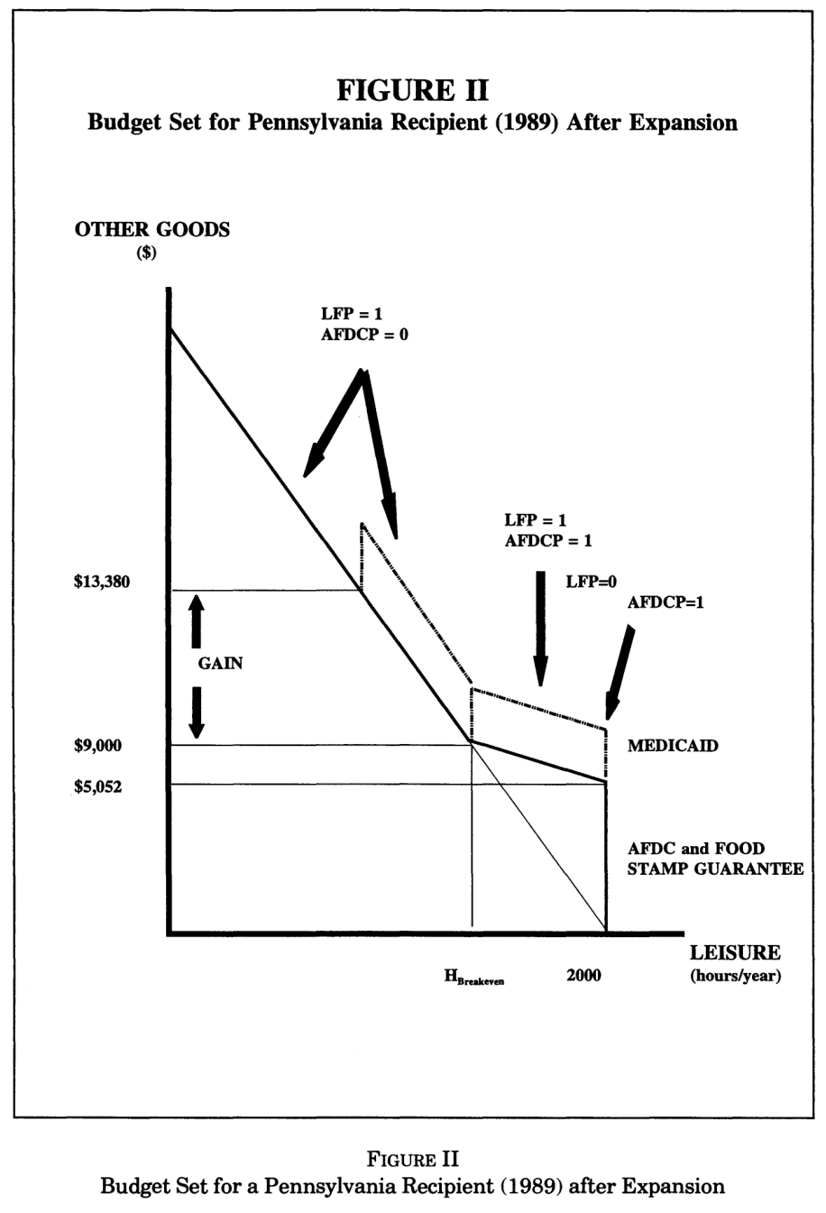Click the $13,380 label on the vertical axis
[x=102, y=582]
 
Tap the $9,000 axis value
[x=98, y=746]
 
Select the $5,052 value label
[x=98, y=786]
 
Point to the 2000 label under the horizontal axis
[x=583, y=975]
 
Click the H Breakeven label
[x=474, y=977]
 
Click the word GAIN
[x=220, y=664]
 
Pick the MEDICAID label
[x=673, y=746]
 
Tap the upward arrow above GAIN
[x=197, y=621]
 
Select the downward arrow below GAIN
[x=197, y=712]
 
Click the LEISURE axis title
[x=735, y=952]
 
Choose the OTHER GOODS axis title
[x=152, y=230]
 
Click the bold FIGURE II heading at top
[x=412, y=90]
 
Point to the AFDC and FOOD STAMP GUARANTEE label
[x=716, y=859]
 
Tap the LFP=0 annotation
[x=591, y=582]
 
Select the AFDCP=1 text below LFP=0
[x=665, y=602]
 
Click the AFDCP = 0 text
[x=364, y=335]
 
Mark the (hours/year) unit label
[x=735, y=977]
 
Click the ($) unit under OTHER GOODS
[x=146, y=253]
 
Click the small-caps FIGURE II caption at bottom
[x=412, y=1159]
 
